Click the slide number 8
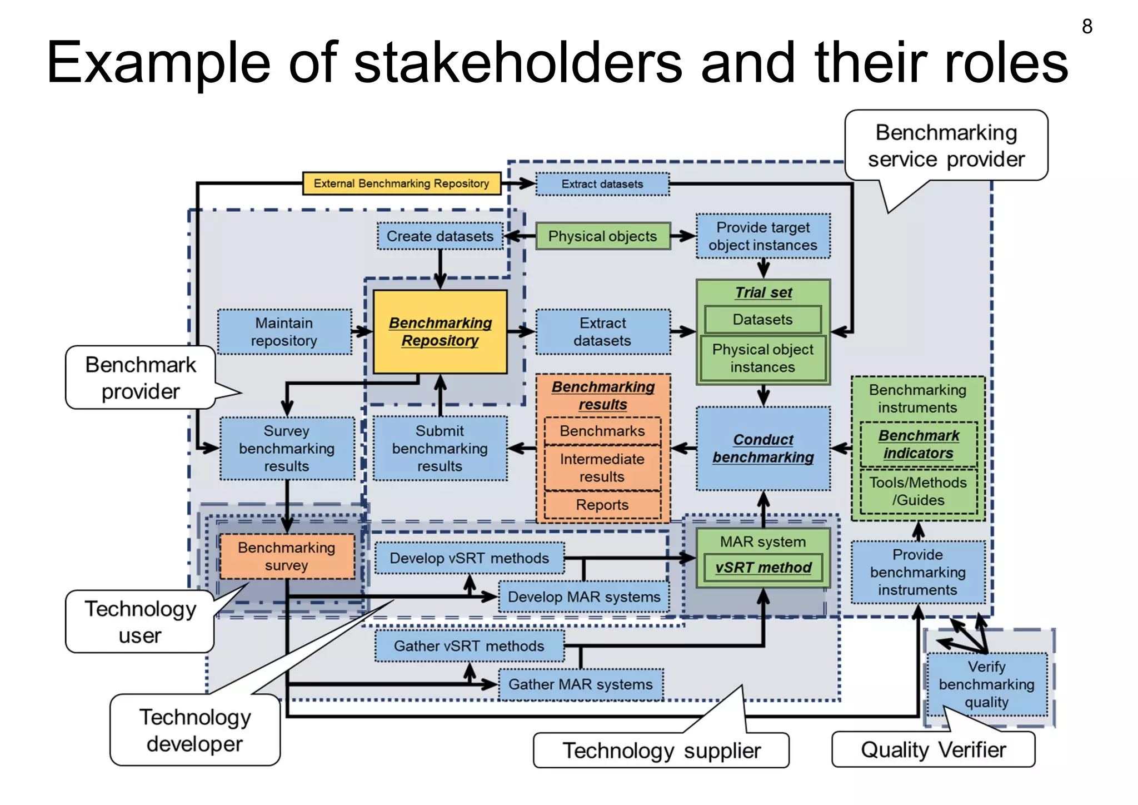1087,26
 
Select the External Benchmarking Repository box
401,183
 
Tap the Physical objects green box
602,236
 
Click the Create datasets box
440,236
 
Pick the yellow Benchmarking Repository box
440,332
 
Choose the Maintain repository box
284,332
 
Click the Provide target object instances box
763,236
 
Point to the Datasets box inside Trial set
762,320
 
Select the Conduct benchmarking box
763,448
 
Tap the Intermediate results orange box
602,468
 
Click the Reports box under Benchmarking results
602,505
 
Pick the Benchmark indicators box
918,444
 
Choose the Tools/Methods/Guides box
918,491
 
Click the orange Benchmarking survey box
287,556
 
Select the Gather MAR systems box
581,684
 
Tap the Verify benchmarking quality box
986,684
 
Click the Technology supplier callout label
661,751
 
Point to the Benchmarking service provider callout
946,146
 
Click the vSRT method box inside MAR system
763,568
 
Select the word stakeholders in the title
518,62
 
